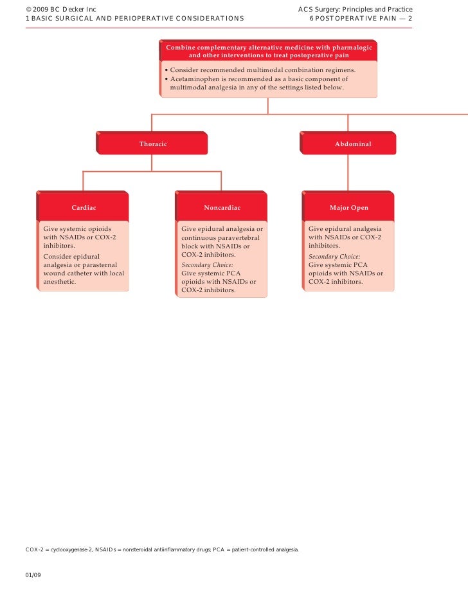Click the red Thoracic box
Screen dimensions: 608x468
tap(152, 143)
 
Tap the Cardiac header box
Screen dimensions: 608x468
tap(84, 208)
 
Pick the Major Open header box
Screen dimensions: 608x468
tap(349, 208)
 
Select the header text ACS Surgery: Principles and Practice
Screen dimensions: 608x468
tap(355, 9)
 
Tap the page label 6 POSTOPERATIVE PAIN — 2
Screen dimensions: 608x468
tap(361, 18)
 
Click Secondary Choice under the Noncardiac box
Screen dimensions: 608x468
tap(207, 264)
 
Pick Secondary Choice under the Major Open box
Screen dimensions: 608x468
tap(334, 256)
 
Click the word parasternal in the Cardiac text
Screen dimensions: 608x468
tap(106, 264)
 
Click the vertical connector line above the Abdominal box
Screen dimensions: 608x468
tap(348, 122)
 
